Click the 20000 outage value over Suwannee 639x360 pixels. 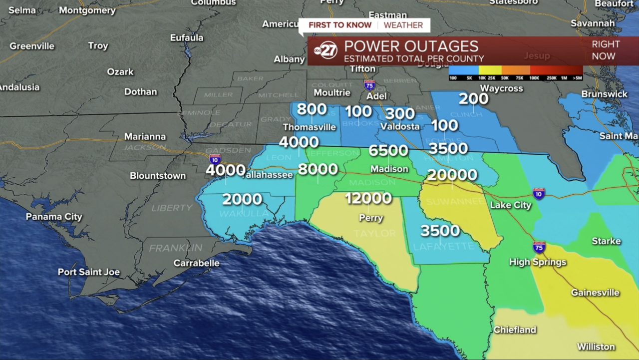[452, 175]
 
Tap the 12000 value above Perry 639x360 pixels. [368, 198]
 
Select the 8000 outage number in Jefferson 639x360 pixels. [318, 169]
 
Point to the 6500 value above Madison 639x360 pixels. [388, 150]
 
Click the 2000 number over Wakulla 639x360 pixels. [242, 199]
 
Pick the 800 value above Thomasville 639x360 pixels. [312, 109]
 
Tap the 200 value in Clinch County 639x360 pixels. [473, 99]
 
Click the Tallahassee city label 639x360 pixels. [268, 175]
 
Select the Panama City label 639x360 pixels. [54, 217]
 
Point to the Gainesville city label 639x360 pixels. [595, 293]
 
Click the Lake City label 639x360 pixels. [510, 205]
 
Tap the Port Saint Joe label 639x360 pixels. [89, 272]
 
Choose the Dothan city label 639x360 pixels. [140, 92]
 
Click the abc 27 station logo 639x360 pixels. [325, 50]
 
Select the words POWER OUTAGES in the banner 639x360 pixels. [411, 46]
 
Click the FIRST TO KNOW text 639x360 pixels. [340, 25]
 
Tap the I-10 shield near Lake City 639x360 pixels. [539, 194]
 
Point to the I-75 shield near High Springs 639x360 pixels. [539, 247]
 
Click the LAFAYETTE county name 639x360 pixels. [444, 246]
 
